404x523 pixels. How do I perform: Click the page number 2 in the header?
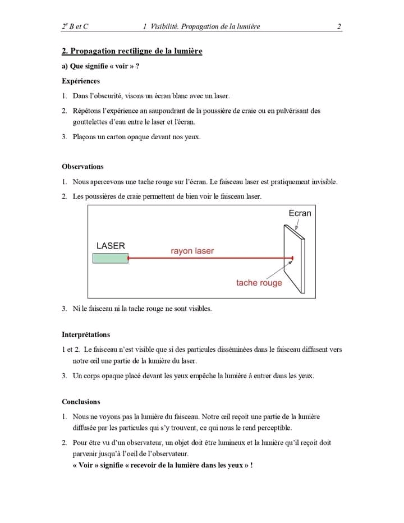point(339,26)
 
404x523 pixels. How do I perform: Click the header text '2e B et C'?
point(75,26)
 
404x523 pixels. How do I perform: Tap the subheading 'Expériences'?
point(81,81)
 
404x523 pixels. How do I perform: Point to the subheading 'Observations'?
point(82,167)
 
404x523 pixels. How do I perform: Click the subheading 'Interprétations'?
point(86,334)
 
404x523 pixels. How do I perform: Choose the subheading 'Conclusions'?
point(81,402)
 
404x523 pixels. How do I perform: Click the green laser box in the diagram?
point(111,258)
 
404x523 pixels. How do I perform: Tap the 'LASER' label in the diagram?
point(111,246)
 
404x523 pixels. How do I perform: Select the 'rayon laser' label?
point(192,251)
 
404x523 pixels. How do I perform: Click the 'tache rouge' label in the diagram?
point(259,283)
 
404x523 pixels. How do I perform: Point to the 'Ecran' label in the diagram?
point(300,213)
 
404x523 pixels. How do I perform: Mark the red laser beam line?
point(208,259)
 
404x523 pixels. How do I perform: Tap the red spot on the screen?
point(291,259)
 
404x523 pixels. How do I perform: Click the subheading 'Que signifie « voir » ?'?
point(100,66)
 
